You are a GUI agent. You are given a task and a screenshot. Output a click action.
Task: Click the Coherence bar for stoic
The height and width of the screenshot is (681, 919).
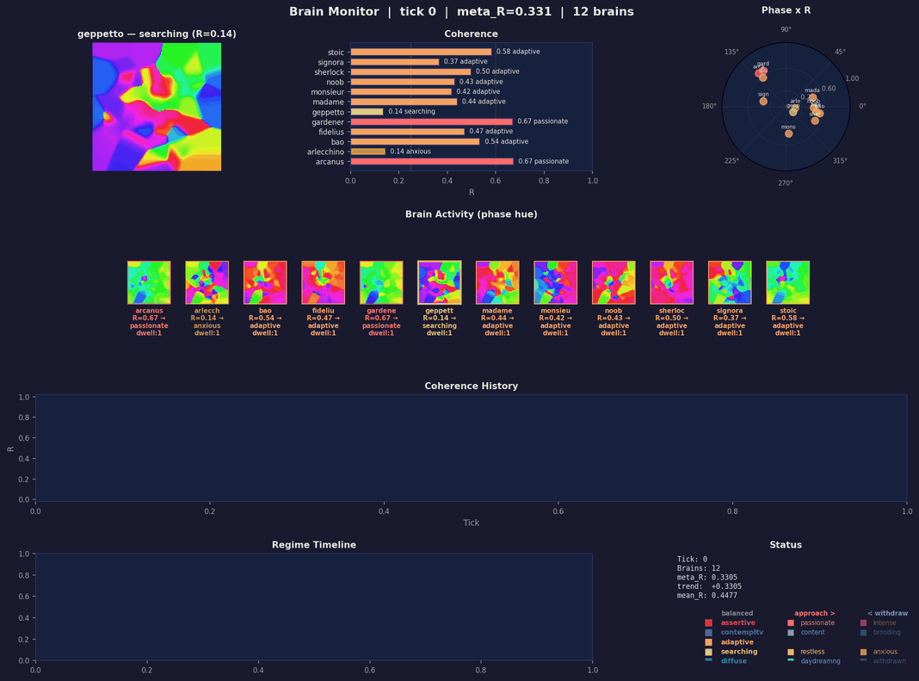coord(421,52)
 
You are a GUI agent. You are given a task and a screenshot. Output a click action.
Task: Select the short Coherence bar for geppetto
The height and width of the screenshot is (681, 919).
coord(367,112)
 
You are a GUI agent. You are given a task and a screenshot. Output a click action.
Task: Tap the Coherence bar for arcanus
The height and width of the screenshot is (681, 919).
coord(431,161)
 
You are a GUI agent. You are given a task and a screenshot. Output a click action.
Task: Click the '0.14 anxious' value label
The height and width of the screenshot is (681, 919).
coord(412,152)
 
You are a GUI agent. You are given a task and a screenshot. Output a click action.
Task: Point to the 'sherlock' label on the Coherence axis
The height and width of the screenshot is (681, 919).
coord(329,72)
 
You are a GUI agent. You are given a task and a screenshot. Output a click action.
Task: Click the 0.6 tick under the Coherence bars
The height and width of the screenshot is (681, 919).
coord(496,181)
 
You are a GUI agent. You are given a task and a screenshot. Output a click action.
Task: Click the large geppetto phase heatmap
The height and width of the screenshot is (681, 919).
coord(157,107)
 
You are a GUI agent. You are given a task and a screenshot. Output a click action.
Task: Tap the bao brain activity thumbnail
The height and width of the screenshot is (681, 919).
coord(265,282)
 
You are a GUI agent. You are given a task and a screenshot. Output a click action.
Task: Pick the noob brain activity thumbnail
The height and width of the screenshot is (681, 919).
coord(614,282)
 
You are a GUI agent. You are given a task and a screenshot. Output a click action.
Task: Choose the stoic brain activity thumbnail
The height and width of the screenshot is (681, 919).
coord(787,282)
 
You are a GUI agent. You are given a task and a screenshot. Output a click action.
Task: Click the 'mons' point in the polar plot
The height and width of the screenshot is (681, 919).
coord(788,133)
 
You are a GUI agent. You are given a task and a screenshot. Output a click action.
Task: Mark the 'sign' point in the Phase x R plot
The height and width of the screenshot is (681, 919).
coord(763,102)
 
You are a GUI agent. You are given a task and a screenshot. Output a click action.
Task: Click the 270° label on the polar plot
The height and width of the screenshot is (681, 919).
coord(786,183)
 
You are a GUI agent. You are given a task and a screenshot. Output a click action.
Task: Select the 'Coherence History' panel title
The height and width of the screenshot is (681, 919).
coord(471,387)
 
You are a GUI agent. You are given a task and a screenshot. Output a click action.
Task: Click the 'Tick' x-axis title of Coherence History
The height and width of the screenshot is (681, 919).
coord(471,523)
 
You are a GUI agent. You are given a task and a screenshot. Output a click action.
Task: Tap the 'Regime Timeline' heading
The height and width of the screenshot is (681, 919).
coord(313,545)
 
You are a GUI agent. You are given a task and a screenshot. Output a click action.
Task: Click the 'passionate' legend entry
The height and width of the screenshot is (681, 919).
coord(817,622)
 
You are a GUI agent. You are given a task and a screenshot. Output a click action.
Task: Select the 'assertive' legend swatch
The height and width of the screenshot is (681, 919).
coord(708,622)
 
